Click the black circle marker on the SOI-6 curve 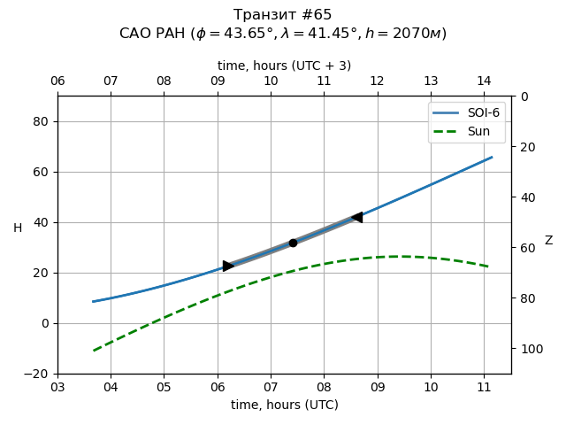point(293,243)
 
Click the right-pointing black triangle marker point(228,266)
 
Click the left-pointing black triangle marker point(356,217)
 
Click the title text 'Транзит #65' point(283,15)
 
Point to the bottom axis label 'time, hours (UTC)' point(284,405)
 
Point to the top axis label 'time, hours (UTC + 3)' point(284,66)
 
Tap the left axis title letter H point(18,228)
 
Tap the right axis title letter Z point(548,241)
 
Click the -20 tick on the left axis point(39,374)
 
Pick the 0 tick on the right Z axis point(522,97)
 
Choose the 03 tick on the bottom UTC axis point(57,387)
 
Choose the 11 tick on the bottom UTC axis point(484,387)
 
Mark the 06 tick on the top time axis point(57,81)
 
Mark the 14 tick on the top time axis point(484,81)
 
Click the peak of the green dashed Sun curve point(399,257)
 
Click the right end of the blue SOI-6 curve point(492,158)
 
